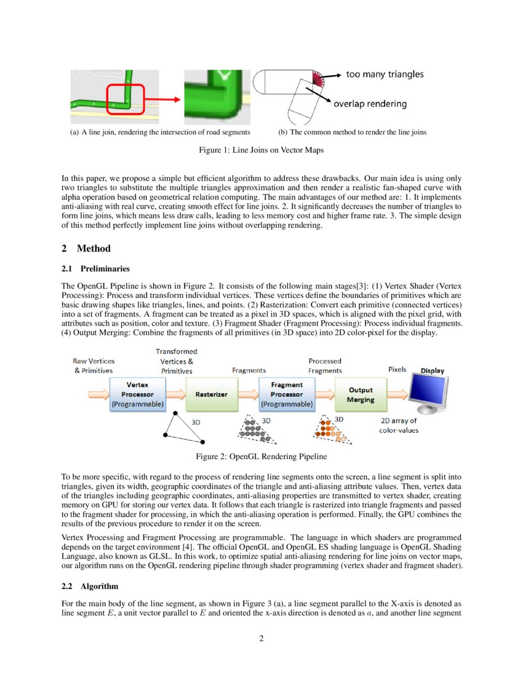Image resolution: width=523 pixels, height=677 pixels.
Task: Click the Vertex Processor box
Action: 137,395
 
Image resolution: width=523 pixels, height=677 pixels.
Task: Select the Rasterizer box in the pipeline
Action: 212,395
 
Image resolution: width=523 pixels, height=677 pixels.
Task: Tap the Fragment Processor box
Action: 287,395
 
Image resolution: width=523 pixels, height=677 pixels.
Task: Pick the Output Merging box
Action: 361,395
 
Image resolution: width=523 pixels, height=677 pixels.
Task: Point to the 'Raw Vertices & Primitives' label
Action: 94,366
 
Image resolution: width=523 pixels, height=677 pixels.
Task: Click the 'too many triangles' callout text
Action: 385,74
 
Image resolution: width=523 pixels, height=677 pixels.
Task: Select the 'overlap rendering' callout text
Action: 370,103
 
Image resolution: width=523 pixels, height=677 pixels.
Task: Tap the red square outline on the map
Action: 126,100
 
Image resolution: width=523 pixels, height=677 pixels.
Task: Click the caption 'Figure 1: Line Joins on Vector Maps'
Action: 261,150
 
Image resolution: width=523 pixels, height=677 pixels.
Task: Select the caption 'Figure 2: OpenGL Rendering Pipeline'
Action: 261,457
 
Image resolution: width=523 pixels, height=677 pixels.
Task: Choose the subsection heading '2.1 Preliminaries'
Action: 95,268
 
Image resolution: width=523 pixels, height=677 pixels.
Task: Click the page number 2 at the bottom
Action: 261,638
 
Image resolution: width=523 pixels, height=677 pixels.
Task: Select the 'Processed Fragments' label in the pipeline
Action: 325,366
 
